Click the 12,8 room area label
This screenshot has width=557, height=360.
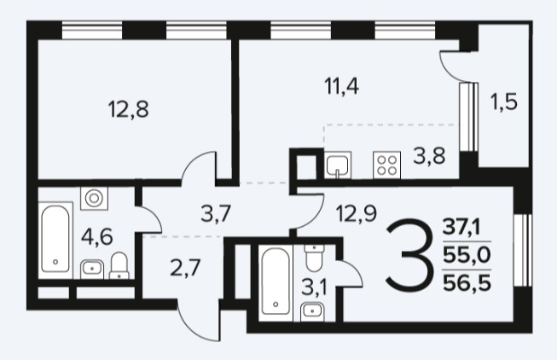point(128,109)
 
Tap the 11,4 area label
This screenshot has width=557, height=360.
point(342,86)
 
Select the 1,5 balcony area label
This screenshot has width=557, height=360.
point(504,102)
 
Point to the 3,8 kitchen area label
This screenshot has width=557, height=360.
point(429,156)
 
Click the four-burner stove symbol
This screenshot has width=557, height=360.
point(387,165)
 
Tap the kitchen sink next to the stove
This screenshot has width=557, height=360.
point(338,165)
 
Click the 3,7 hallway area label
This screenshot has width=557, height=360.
point(216,215)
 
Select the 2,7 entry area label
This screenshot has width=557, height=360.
point(185,268)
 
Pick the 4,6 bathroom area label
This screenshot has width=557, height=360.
point(96,236)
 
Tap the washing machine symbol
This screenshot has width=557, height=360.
point(94,198)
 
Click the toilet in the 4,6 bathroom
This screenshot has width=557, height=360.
point(119,265)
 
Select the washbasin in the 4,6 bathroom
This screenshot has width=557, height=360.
point(92,270)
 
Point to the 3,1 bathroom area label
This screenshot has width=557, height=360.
point(314,287)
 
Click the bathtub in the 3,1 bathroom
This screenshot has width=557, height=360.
point(276,283)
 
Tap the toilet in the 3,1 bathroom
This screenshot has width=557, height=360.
point(314,258)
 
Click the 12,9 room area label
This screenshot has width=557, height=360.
point(357,214)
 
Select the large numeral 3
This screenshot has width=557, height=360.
point(410,253)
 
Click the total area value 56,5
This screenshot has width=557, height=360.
point(467,283)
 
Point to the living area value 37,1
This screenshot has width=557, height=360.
point(461,227)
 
